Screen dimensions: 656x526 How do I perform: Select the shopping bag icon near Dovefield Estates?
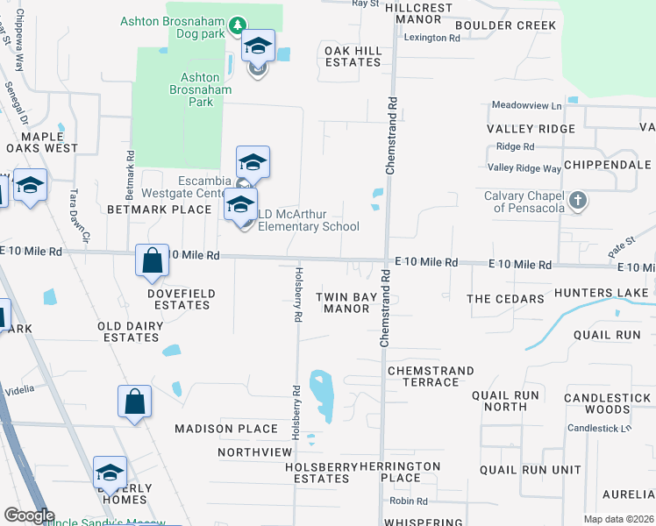coord(153,260)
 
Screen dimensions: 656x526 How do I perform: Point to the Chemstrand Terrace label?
coord(431,376)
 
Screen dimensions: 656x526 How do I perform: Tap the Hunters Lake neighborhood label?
coord(604,298)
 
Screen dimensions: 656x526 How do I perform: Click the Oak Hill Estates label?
coord(353,57)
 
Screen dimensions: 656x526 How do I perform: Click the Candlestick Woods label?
coord(609,403)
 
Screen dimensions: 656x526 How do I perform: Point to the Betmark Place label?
coord(160,210)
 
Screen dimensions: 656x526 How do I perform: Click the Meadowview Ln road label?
coord(526,105)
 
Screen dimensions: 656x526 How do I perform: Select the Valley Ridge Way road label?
coord(524,167)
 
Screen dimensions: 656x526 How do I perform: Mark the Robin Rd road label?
coord(410,501)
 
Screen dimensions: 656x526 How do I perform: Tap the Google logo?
coord(29,515)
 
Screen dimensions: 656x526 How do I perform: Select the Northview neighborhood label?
coord(254,452)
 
